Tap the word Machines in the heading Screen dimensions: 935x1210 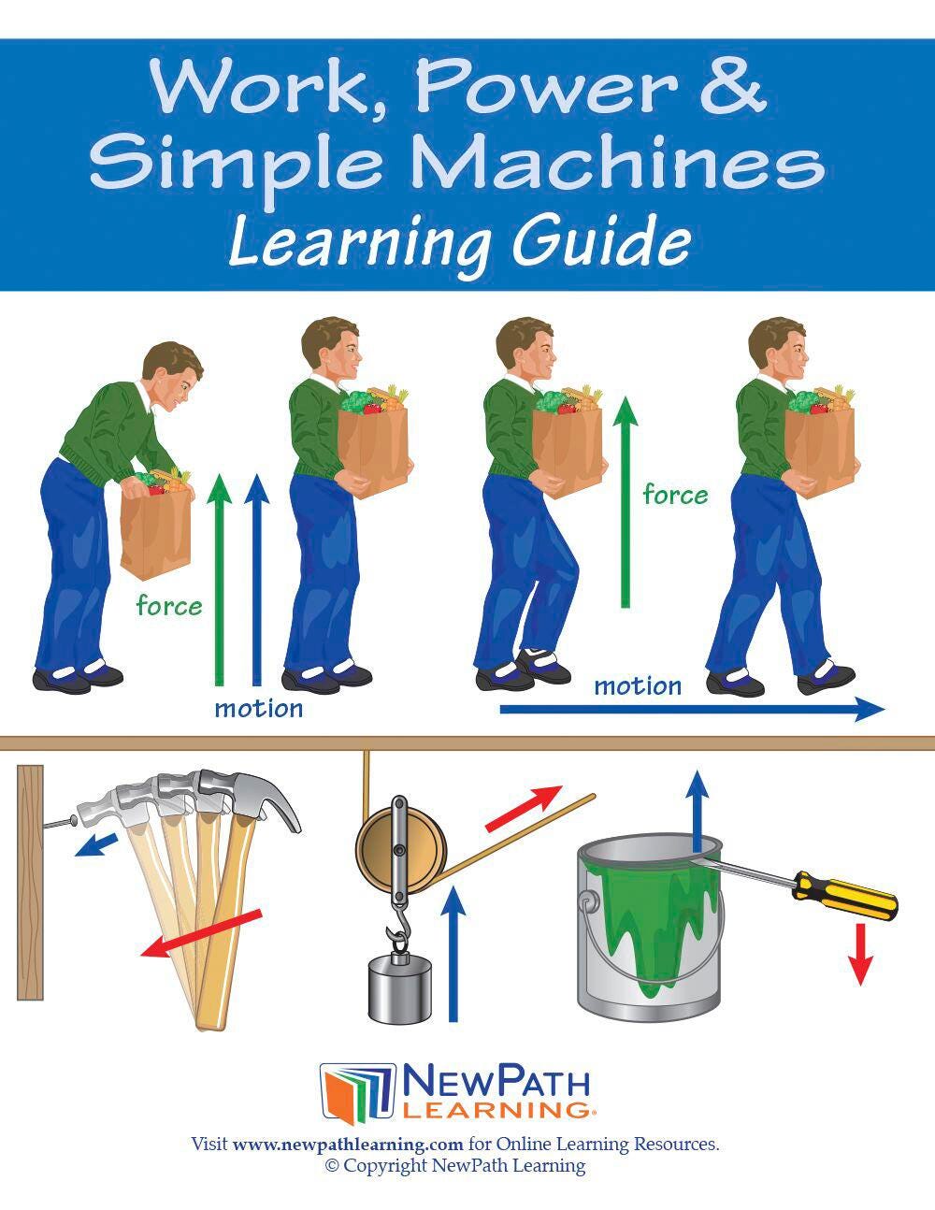pos(617,162)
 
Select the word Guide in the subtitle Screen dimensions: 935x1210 pos(602,243)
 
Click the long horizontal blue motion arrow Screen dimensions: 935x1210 pos(692,709)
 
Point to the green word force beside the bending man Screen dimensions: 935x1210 pos(169,605)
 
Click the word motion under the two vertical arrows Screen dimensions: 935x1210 pos(259,709)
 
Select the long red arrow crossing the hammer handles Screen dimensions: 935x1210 pos(200,933)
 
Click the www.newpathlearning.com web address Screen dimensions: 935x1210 pos(347,1145)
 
